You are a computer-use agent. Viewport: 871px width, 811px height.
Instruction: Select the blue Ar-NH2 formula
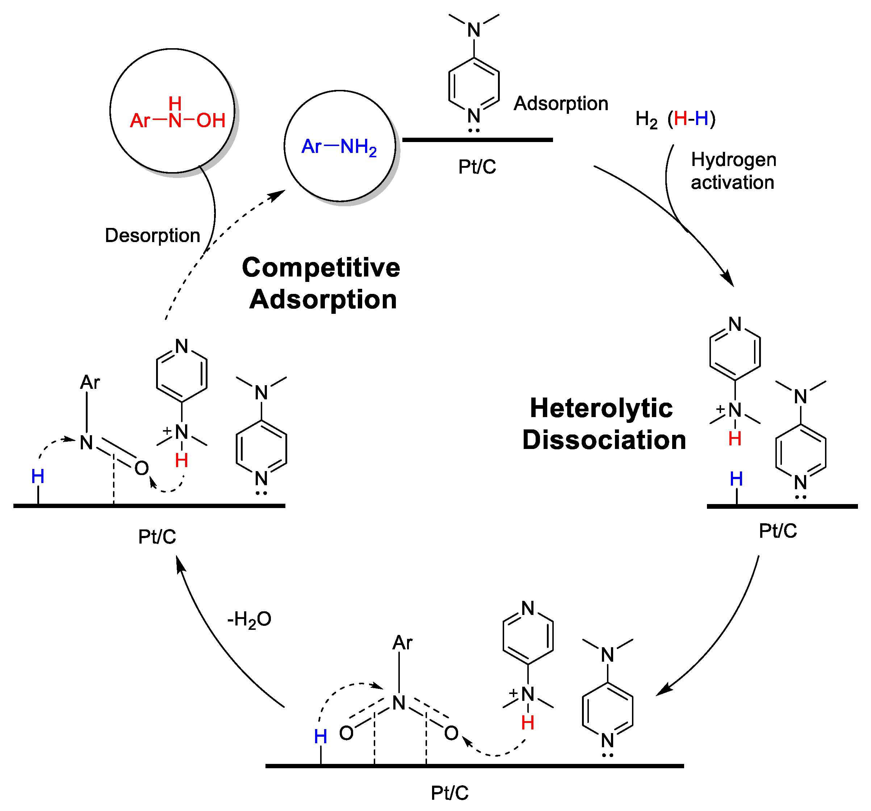339,147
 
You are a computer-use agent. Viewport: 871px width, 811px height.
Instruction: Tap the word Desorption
152,236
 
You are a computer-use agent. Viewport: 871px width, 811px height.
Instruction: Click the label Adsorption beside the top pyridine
561,104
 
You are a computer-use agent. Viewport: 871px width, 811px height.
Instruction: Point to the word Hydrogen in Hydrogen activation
733,159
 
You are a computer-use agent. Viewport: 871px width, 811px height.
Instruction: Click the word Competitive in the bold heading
321,267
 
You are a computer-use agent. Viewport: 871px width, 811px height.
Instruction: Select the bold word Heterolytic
601,408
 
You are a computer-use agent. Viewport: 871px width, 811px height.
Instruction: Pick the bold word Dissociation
604,440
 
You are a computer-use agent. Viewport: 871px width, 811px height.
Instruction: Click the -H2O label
249,619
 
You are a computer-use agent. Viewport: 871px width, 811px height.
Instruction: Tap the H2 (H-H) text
675,119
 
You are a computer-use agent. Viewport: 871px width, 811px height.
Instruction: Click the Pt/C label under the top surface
477,167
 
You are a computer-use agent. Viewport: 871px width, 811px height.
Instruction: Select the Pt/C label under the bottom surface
449,793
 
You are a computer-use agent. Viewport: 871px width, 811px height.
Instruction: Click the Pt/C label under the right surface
778,531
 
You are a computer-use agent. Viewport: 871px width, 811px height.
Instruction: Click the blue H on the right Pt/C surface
736,479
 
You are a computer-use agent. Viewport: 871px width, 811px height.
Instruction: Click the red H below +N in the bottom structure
528,723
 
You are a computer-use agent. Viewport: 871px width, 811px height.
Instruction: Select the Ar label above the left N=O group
90,383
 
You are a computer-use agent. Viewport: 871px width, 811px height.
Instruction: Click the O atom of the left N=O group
142,468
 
